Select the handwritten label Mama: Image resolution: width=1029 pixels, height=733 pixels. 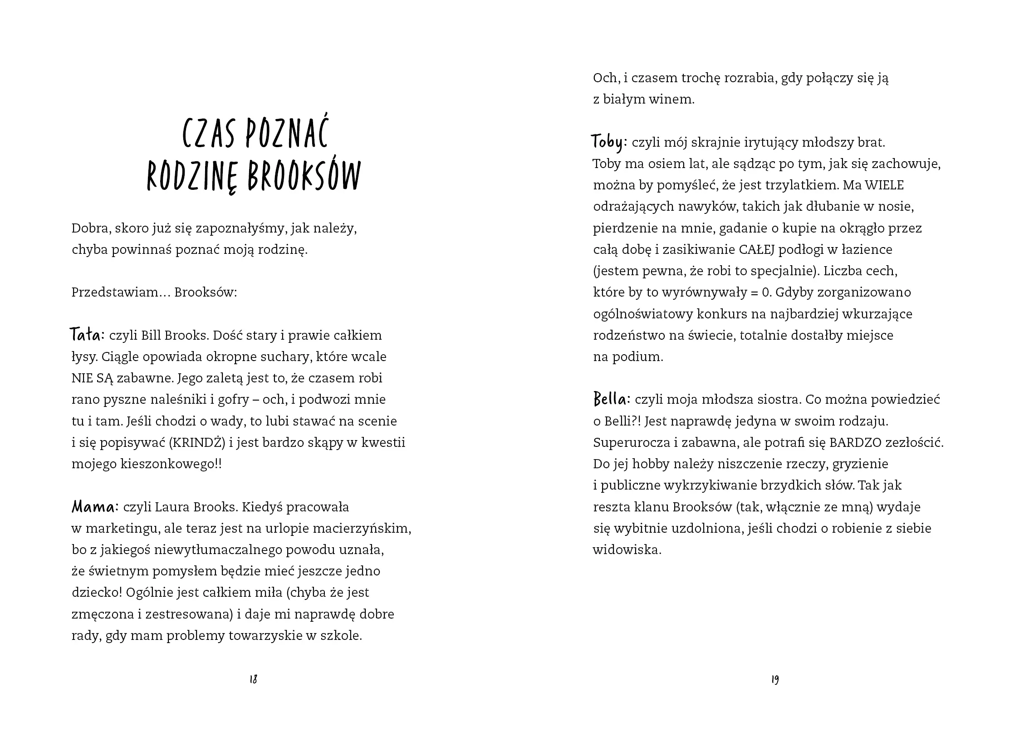(x=95, y=506)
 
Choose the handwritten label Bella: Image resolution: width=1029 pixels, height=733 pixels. (x=612, y=399)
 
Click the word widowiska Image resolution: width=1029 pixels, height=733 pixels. (x=626, y=550)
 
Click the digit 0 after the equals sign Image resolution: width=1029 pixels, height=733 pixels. (x=766, y=292)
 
